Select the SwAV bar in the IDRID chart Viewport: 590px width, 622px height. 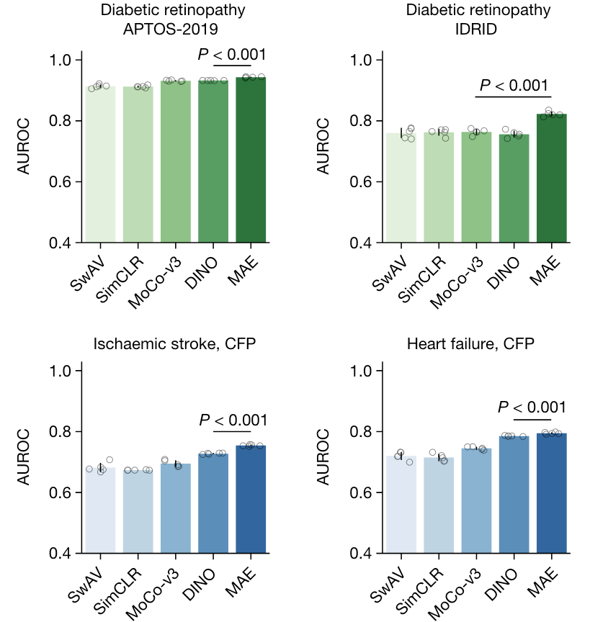tap(401, 188)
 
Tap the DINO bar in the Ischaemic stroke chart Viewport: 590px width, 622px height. tap(213, 503)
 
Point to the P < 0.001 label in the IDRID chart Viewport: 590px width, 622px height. tap(514, 86)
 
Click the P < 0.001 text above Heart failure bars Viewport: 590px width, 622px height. tap(532, 407)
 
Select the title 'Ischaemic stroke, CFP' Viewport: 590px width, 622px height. tap(175, 344)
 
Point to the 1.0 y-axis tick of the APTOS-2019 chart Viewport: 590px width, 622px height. tap(61, 60)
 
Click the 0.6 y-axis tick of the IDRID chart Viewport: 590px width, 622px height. tap(362, 182)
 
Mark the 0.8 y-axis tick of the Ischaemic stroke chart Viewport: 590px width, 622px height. tap(61, 432)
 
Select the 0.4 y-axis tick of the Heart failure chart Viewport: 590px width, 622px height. tap(362, 554)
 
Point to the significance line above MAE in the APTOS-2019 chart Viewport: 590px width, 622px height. tap(232, 66)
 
